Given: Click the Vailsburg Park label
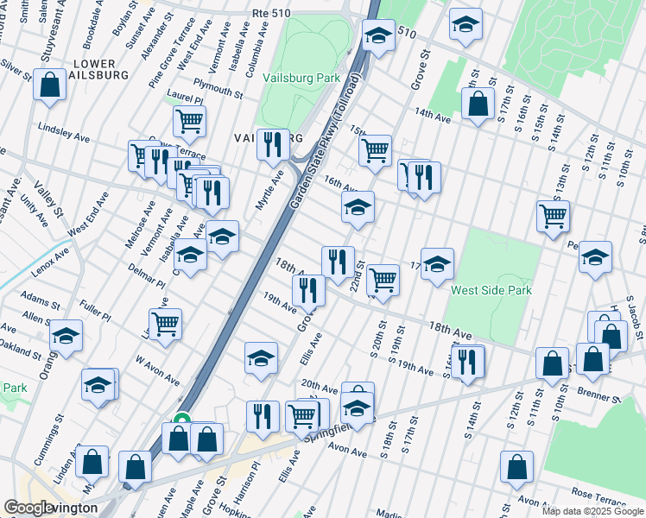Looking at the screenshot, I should pyautogui.click(x=303, y=78).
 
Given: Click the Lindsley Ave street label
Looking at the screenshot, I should pyautogui.click(x=63, y=132).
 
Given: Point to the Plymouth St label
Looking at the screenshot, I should pyautogui.click(x=218, y=86).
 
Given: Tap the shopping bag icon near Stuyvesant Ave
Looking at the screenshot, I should pyautogui.click(x=50, y=85).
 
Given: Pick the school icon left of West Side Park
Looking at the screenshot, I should pyautogui.click(x=437, y=264).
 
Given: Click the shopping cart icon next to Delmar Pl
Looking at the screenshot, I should pyautogui.click(x=165, y=323).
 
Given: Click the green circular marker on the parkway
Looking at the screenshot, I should pyautogui.click(x=181, y=420).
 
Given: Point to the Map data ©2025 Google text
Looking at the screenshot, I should pyautogui.click(x=592, y=511).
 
